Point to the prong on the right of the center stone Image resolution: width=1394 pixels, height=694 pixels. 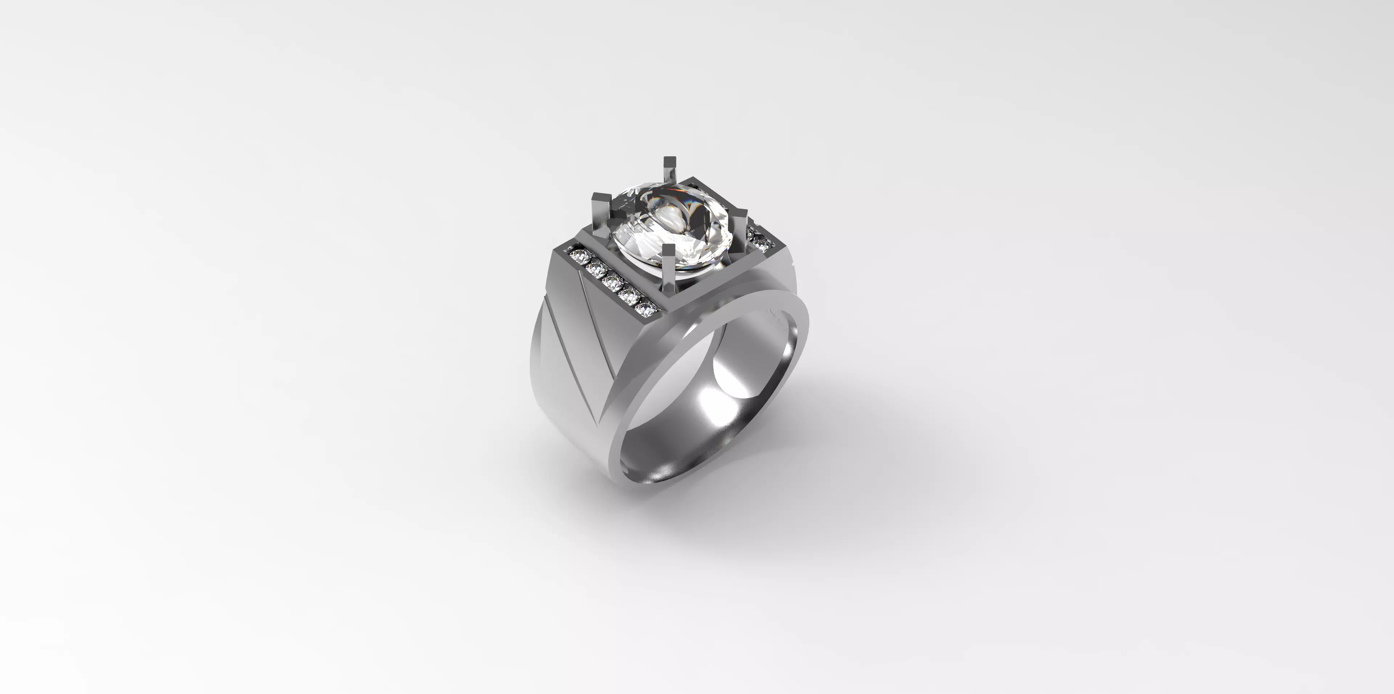click(739, 227)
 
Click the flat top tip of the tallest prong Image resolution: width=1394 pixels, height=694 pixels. click(669, 161)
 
